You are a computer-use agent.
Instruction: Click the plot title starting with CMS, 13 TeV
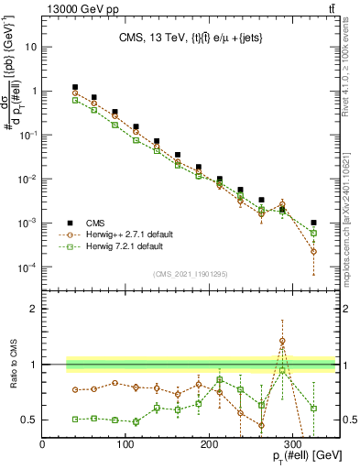click(x=190, y=38)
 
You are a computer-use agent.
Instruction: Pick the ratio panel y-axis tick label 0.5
click(x=30, y=420)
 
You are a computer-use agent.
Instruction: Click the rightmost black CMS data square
click(x=314, y=223)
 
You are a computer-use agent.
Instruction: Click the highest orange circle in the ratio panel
click(x=282, y=341)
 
